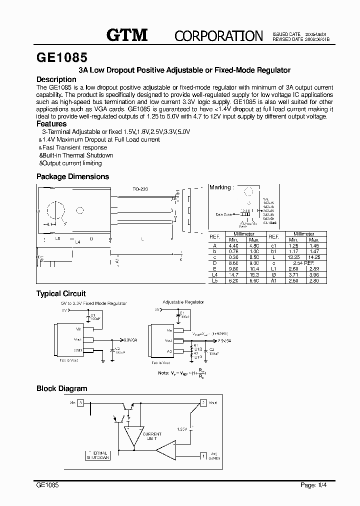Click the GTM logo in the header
click(127, 34)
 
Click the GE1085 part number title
click(62, 57)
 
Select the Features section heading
click(51, 123)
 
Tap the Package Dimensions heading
click(72, 176)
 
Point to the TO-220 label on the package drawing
click(140, 189)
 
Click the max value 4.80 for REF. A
click(253, 245)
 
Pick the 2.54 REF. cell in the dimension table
click(303, 262)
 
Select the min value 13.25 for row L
click(294, 257)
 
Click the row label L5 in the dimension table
click(215, 280)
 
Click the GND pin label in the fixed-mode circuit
click(78, 350)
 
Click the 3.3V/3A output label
click(131, 339)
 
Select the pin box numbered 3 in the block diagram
click(80, 402)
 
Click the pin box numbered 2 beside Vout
click(203, 402)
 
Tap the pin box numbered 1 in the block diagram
click(203, 455)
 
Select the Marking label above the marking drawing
click(220, 187)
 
